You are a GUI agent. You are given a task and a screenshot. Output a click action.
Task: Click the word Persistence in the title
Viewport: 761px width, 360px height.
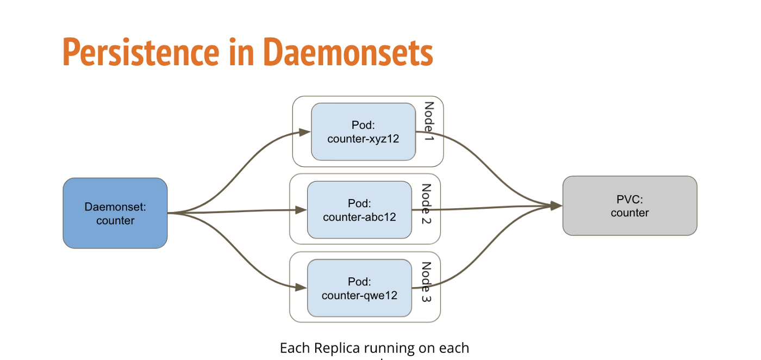coord(140,52)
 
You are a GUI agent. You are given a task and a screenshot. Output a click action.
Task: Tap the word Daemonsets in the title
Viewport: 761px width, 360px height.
coord(348,52)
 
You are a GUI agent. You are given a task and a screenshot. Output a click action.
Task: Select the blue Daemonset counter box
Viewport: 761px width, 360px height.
coord(115,213)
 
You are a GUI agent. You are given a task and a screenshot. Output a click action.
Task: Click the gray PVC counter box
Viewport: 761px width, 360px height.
coord(629,206)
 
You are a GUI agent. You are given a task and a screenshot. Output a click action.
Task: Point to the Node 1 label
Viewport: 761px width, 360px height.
coord(429,122)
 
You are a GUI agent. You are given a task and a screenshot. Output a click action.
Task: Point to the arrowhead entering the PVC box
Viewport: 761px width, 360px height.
coord(556,206)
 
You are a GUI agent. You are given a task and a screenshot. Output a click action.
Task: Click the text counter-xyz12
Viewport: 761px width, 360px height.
coord(363,139)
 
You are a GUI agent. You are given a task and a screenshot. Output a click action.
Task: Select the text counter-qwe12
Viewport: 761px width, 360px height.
coord(359,296)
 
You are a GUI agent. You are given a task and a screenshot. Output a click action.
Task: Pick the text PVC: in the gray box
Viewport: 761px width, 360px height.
coord(629,199)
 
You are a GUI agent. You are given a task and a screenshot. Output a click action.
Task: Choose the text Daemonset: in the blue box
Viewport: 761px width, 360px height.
coord(115,207)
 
